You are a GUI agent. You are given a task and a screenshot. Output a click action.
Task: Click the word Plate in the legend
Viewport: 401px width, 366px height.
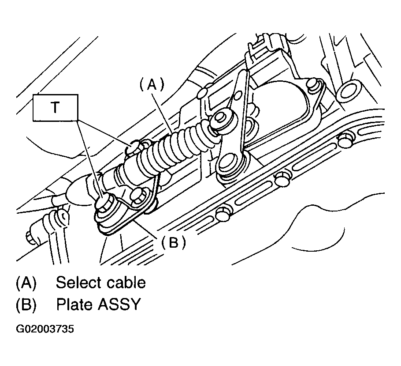(75, 305)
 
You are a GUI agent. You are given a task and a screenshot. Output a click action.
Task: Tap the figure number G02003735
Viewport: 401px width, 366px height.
(45, 329)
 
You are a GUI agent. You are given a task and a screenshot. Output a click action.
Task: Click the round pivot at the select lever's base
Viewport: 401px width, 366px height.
(230, 164)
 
